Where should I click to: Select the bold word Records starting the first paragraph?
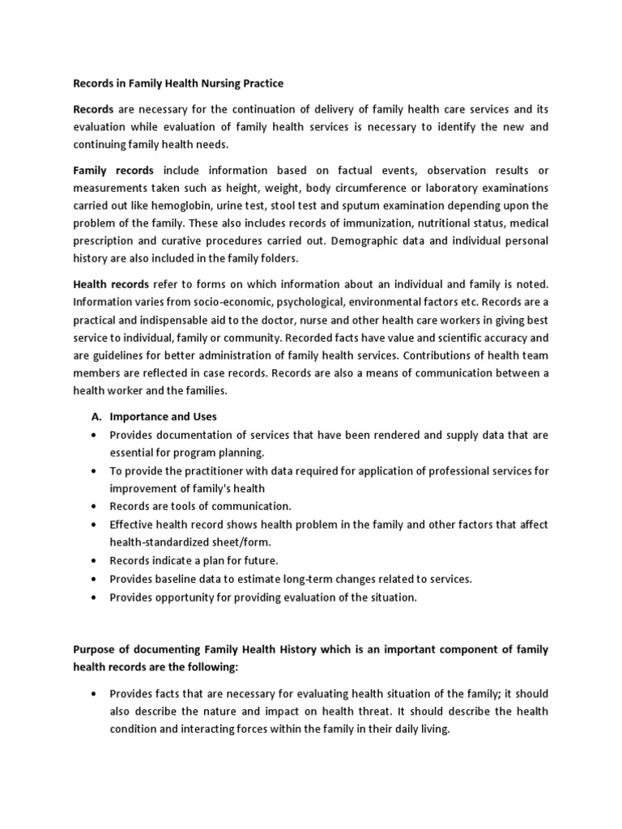pos(96,108)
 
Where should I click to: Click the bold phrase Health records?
pos(111,284)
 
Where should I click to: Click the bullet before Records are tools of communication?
pos(97,506)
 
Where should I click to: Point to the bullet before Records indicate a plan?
pos(97,560)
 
